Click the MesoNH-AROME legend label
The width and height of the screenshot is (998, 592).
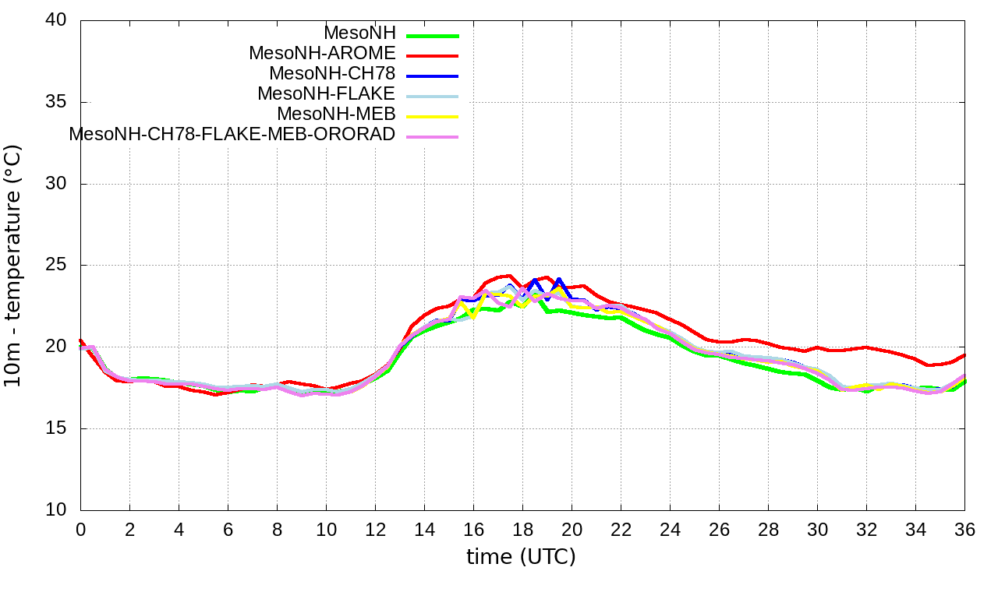pos(322,54)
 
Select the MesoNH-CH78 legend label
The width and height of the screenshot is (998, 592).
pos(332,74)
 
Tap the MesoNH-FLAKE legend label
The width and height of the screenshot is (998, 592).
pos(327,94)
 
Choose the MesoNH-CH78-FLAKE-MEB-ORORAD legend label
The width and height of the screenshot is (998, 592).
pos(232,134)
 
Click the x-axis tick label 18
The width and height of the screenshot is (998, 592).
pos(522,529)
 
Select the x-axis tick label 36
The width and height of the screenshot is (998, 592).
pos(964,529)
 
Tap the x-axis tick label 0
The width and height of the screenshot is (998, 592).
pos(80,529)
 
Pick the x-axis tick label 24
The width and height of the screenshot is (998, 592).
pos(670,529)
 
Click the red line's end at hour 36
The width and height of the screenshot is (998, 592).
pos(964,355)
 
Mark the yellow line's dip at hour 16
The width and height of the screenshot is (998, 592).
pos(473,317)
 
